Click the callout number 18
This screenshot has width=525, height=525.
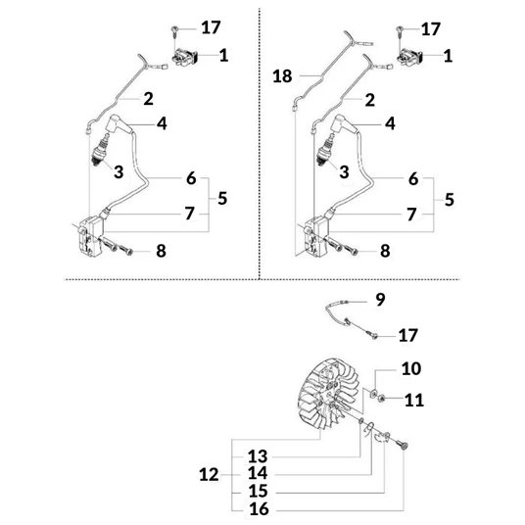pos(282,76)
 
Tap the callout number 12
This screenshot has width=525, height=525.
pos(209,475)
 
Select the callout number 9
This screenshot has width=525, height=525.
pos(380,300)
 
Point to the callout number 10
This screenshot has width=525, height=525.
pos(411,368)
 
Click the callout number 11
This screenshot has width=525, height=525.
pos(414,400)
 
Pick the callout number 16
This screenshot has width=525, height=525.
pos(259,509)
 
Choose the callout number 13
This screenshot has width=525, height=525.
pos(258,456)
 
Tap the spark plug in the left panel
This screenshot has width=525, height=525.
pos(100,153)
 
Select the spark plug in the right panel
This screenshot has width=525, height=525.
pos(324,153)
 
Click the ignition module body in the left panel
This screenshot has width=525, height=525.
pos(90,236)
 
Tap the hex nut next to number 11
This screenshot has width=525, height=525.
pos(381,398)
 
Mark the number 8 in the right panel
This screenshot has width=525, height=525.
pos(385,251)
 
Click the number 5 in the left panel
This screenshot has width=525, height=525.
pos(222,198)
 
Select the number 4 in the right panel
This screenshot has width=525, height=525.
pos(390,123)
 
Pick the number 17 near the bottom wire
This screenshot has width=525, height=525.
pos(407,335)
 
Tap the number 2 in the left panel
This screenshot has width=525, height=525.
pos(148,99)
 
